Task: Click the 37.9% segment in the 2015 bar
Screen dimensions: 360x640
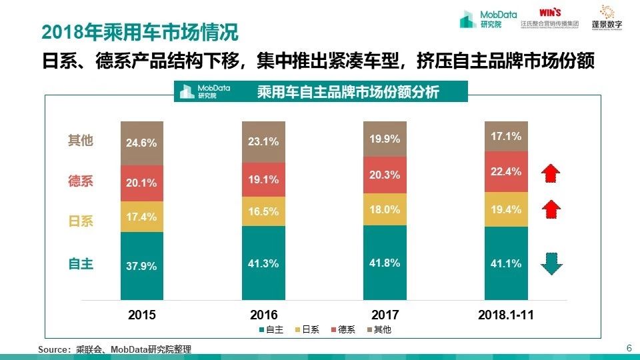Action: pos(142,265)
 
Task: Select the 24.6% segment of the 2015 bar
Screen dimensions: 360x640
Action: pos(142,143)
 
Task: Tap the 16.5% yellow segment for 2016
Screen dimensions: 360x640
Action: pos(263,211)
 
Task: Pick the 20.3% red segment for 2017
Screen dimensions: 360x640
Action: pos(385,175)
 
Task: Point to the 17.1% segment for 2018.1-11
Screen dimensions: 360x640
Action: pos(506,136)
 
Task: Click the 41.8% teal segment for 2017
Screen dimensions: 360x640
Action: pos(385,263)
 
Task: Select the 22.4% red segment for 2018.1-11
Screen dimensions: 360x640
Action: pos(506,172)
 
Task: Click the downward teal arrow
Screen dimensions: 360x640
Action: pos(551,264)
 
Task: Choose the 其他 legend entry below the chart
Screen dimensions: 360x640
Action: pos(378,330)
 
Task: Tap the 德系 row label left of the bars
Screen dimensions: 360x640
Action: pos(81,181)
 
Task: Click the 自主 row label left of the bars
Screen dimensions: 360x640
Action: pos(81,264)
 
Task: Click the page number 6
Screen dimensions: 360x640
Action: pos(629,348)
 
